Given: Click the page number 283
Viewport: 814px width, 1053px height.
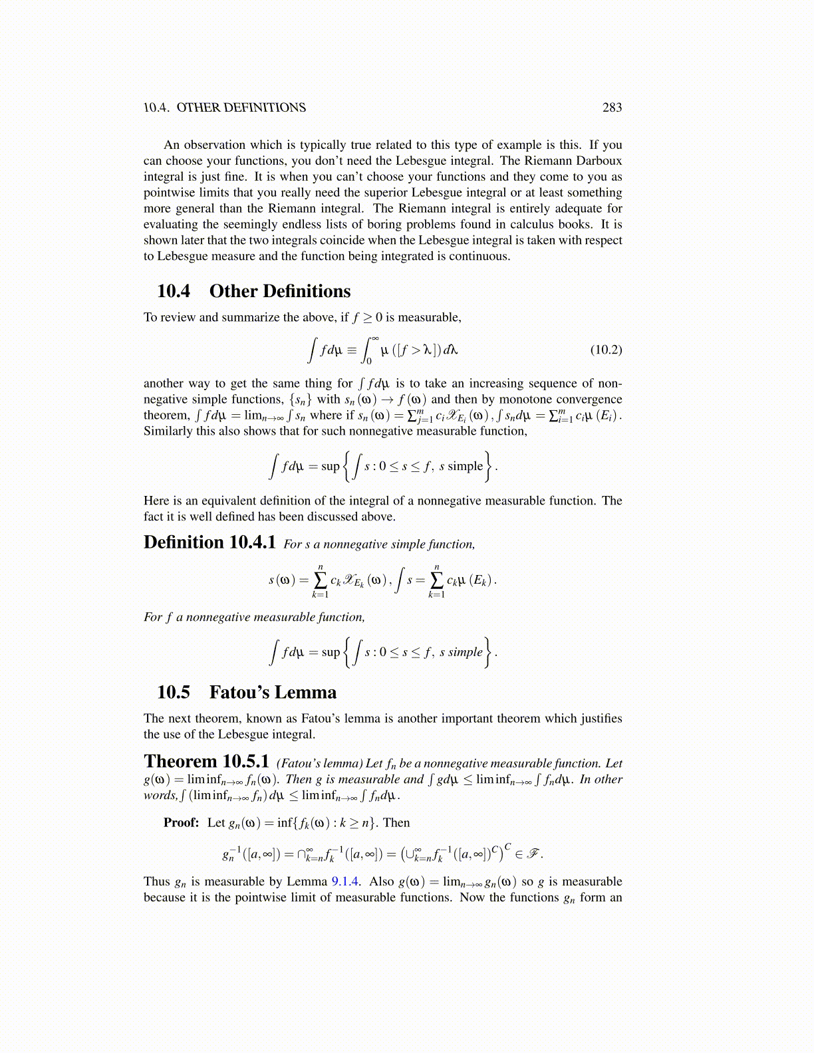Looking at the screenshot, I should click(x=612, y=108).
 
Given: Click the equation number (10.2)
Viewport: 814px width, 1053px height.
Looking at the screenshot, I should click(x=606, y=350).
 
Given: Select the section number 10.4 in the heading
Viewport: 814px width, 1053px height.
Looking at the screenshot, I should click(x=173, y=291).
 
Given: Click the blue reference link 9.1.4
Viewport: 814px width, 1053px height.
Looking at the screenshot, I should click(x=346, y=881).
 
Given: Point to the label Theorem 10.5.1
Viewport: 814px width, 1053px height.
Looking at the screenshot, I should click(x=206, y=762).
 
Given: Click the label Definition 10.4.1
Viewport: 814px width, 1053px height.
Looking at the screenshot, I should click(x=209, y=542).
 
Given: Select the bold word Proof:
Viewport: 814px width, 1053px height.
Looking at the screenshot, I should click(x=182, y=823).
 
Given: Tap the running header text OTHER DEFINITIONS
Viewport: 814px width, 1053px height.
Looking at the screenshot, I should click(x=241, y=108).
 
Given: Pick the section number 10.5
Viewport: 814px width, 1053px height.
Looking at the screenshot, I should click(x=173, y=693).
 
